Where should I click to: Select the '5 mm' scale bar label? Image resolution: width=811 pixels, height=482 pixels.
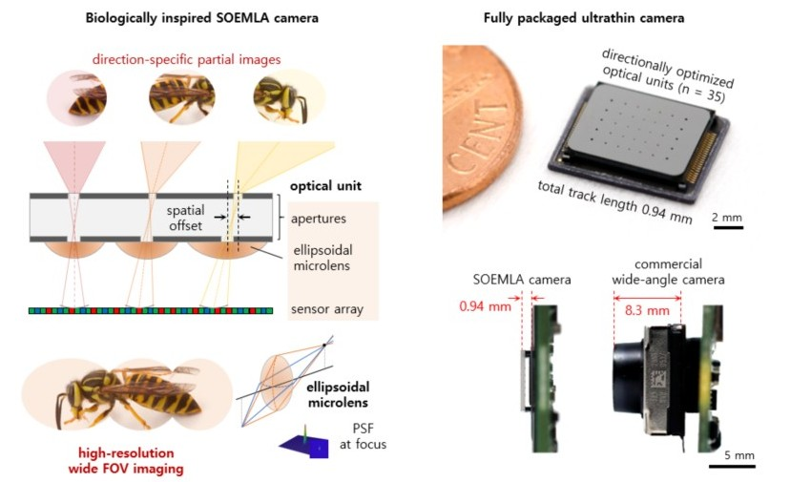pos(732,454)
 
